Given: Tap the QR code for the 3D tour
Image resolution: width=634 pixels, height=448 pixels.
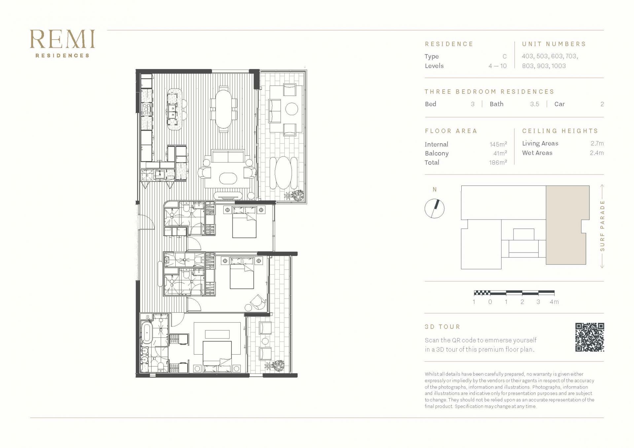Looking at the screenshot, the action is [589, 337].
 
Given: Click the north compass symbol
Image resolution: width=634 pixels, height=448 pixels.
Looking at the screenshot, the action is [435, 208].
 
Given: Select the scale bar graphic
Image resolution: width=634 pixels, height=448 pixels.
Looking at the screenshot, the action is [514, 293].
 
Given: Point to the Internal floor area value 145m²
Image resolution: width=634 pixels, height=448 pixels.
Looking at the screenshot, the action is [498, 144].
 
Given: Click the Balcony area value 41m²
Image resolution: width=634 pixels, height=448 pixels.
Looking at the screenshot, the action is [500, 153].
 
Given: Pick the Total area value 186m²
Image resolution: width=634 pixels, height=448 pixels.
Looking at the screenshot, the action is [498, 162].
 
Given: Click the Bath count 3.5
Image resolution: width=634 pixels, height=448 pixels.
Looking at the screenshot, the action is [535, 104].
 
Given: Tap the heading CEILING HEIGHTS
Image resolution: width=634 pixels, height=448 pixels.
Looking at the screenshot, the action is [560, 131].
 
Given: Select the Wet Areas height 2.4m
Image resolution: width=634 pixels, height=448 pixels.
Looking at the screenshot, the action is [597, 153].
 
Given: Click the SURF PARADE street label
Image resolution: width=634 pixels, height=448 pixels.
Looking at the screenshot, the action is [602, 226].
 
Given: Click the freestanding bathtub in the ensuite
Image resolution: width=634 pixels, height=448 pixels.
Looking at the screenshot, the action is [146, 333].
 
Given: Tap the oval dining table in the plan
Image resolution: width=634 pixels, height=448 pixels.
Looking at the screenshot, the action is [224, 109].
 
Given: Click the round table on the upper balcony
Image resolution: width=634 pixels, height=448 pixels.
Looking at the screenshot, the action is [292, 109].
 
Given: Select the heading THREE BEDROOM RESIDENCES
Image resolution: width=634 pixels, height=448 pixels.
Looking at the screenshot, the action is [490, 92].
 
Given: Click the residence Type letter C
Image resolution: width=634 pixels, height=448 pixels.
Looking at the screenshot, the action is [505, 56].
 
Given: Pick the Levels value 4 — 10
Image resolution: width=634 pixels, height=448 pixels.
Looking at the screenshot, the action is [498, 66].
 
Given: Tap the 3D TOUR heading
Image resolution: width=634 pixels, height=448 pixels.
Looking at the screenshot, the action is [442, 327].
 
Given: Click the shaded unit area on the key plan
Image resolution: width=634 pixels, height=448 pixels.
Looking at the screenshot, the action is [566, 225].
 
